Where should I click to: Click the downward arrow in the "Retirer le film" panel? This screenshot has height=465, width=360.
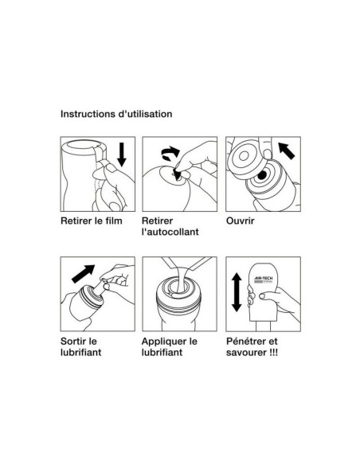pos(122,154)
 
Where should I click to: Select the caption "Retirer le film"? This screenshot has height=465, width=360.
pos(92,221)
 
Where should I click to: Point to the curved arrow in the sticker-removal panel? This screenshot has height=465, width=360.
pos(170,153)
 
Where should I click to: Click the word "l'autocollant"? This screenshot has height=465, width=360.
pos(170,232)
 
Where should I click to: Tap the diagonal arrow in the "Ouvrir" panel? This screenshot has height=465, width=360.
pos(286,150)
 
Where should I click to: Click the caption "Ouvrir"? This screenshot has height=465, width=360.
pos(241,221)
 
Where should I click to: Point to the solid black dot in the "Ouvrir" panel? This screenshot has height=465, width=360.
pos(262,175)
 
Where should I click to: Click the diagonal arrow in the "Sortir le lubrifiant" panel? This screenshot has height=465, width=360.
pos(83,274)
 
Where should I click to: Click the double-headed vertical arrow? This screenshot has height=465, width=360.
pos(237,292)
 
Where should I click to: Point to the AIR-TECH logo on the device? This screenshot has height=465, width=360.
pos(264,279)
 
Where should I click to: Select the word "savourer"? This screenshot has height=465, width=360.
pos(246,353)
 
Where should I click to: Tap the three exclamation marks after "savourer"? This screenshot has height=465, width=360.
pos(274,352)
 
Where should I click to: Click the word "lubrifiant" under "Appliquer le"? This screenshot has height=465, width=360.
pos(162,352)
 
